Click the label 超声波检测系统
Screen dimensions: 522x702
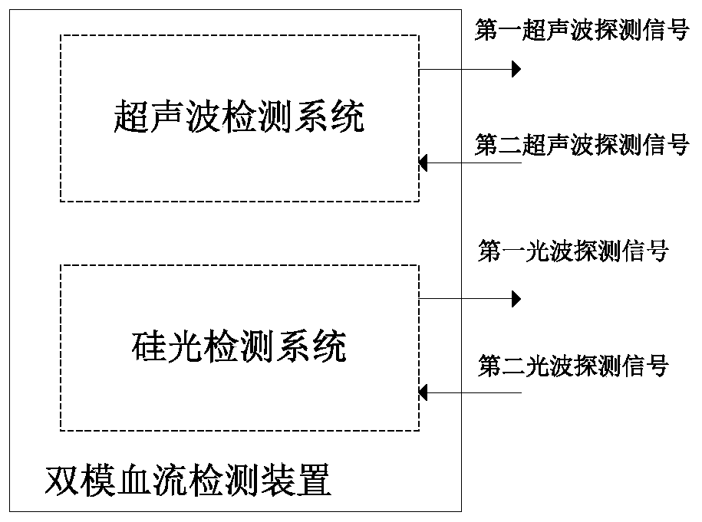[239, 117]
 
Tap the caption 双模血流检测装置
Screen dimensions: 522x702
[189, 481]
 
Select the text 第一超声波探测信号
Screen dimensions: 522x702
[582, 31]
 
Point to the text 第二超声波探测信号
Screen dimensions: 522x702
[582, 144]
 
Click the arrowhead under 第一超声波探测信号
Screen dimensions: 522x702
[516, 70]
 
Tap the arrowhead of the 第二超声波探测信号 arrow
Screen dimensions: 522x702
[424, 163]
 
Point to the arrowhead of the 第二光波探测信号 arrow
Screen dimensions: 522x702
[424, 392]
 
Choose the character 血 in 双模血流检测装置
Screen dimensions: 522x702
[133, 481]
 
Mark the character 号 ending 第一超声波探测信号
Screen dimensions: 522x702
[678, 31]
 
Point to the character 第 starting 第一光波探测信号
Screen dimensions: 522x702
[489, 252]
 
